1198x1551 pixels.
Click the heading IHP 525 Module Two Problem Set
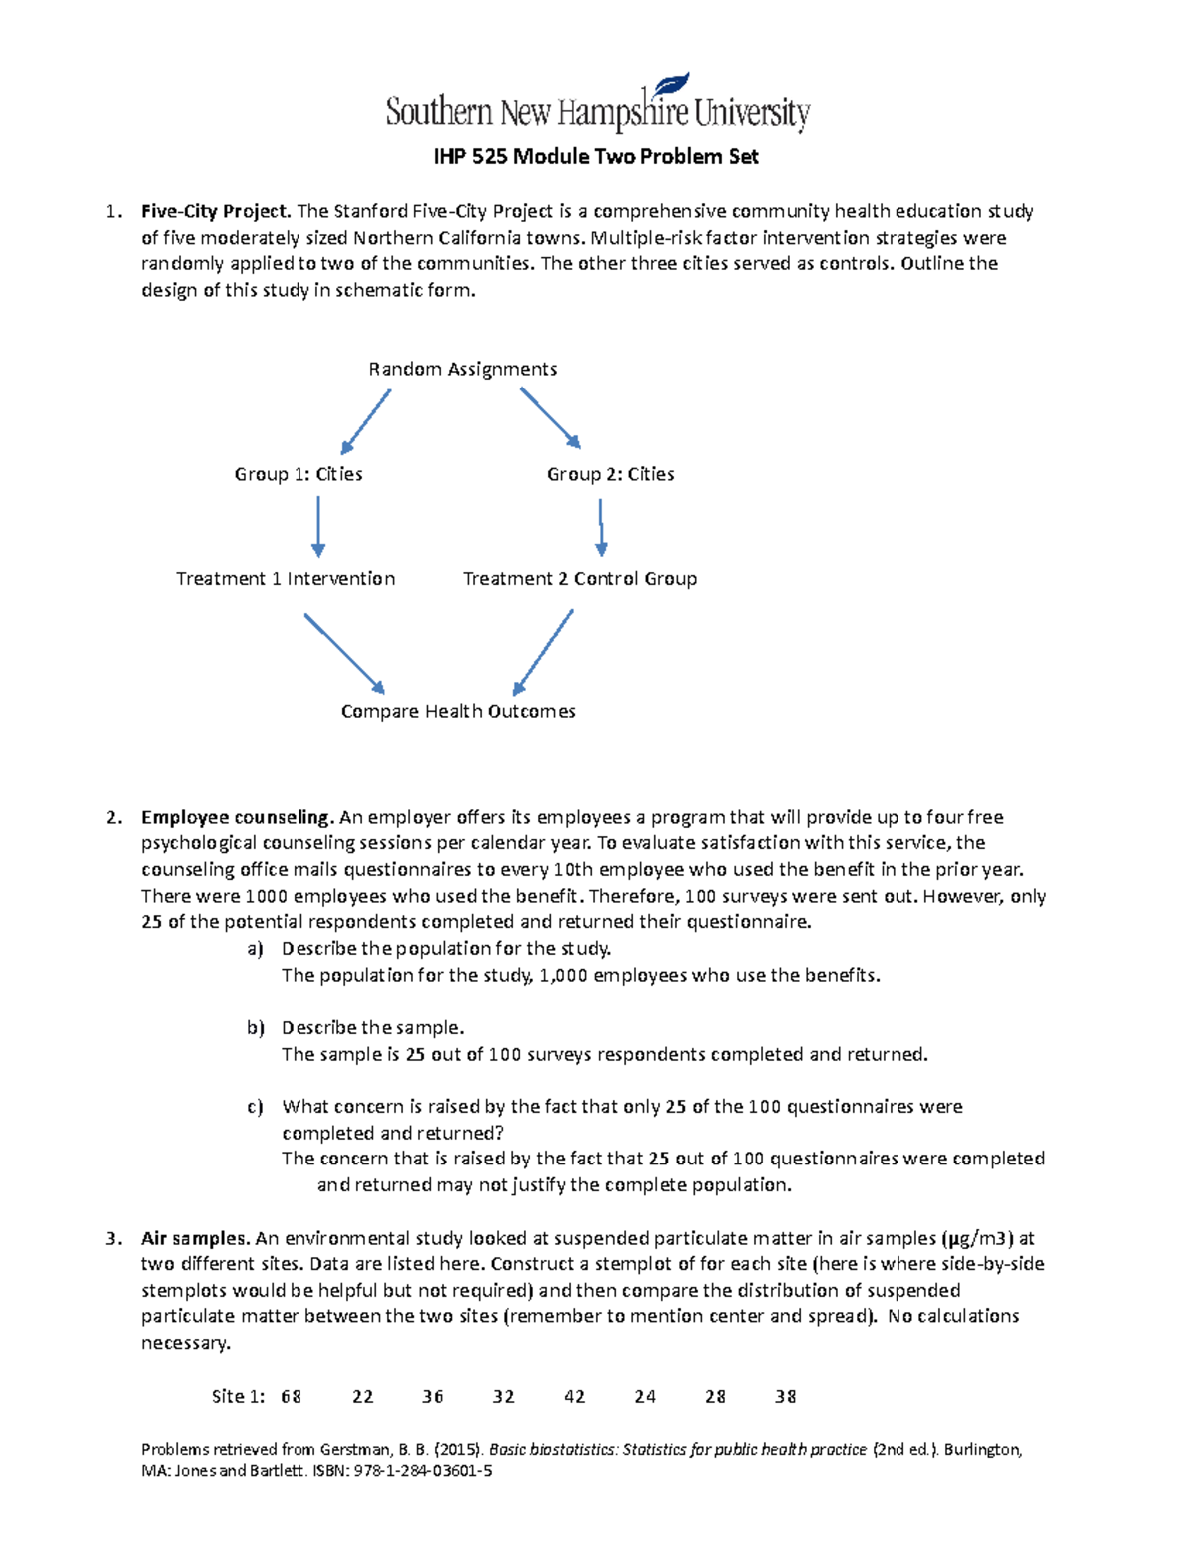(595, 157)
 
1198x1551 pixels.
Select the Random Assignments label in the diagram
(462, 369)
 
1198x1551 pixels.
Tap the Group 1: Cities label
(298, 474)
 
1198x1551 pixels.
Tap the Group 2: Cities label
(610, 474)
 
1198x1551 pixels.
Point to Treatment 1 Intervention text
(286, 579)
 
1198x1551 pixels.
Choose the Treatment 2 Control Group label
(579, 579)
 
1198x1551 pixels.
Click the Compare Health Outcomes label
(458, 712)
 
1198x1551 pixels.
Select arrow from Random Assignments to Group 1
(365, 422)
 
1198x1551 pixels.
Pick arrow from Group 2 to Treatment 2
(601, 527)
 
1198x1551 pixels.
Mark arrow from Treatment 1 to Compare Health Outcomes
(344, 653)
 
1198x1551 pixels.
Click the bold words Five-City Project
(216, 211)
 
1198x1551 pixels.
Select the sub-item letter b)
(256, 1028)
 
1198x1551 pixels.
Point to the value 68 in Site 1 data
(291, 1397)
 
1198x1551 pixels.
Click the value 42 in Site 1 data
(574, 1397)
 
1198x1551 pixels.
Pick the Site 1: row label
(238, 1397)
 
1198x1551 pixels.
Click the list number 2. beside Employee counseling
(113, 817)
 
